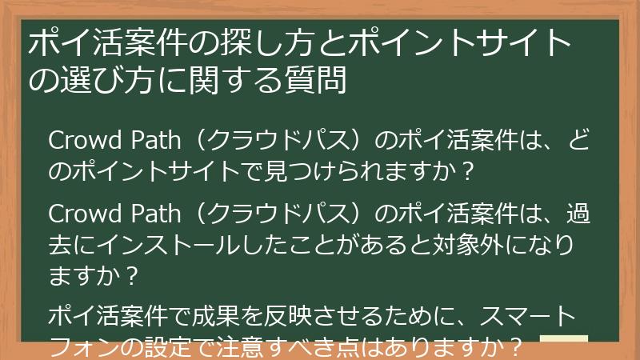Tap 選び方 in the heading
[105, 79]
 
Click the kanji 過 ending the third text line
[577, 214]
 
